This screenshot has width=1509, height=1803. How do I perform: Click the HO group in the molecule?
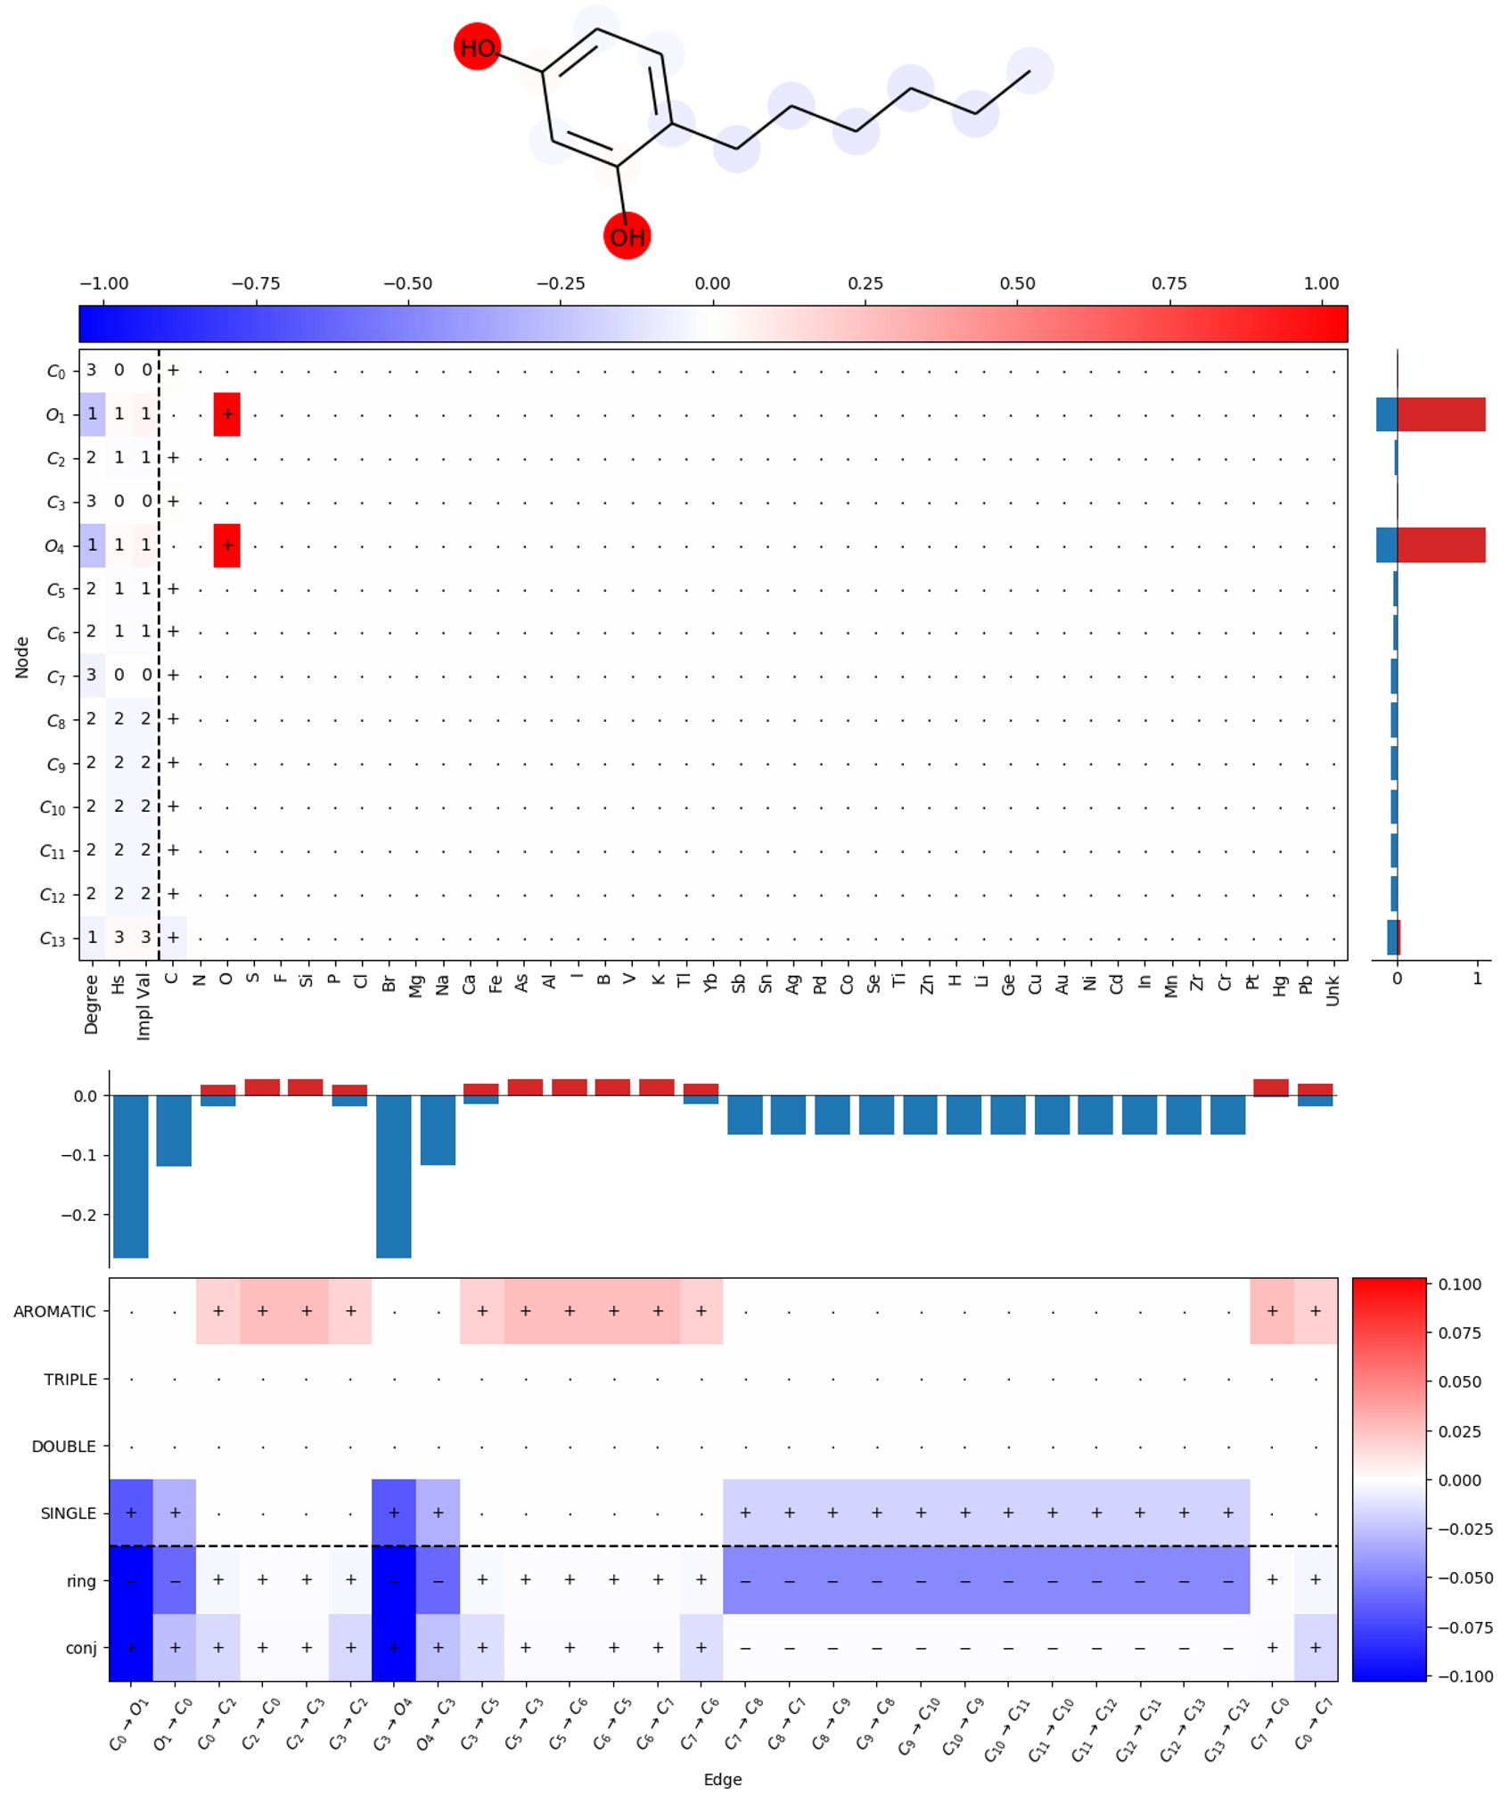tap(477, 47)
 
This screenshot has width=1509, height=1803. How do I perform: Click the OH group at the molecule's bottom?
tap(627, 236)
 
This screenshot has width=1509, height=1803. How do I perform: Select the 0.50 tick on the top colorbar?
tap(1017, 283)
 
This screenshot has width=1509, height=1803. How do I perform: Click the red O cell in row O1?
tap(227, 414)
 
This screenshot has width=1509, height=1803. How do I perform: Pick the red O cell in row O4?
tap(227, 545)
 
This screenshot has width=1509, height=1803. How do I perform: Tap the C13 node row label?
tap(53, 938)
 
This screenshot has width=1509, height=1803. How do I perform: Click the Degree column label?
tap(91, 1004)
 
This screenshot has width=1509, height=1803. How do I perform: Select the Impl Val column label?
tap(144, 1007)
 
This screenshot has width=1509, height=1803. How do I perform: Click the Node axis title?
tap(22, 658)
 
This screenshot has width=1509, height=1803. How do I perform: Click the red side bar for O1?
tap(1440, 414)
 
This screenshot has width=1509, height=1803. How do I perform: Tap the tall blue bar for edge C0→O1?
tap(131, 1176)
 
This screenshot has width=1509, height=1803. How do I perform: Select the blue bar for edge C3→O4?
tap(394, 1176)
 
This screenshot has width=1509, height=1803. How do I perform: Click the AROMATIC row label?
tap(54, 1312)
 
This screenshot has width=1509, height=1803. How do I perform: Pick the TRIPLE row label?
tap(70, 1380)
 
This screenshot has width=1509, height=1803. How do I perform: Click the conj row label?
tap(81, 1648)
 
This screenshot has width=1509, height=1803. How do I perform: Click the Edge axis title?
tap(722, 1780)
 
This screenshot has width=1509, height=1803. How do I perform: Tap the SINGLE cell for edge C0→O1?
tap(131, 1513)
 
